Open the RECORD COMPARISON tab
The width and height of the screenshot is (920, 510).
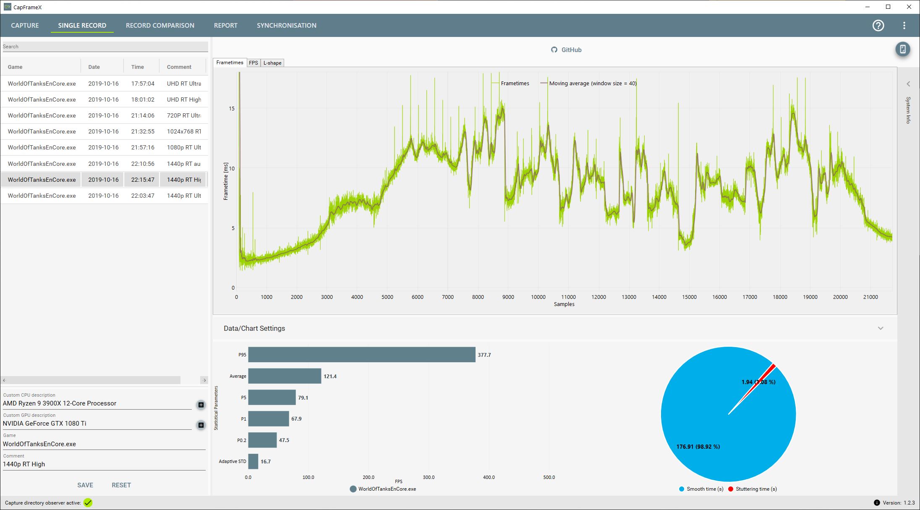click(160, 26)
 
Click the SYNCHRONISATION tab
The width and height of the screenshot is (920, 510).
click(286, 26)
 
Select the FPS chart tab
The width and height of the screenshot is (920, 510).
click(253, 63)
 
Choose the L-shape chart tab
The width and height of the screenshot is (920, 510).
click(272, 63)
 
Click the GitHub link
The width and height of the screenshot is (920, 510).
click(566, 50)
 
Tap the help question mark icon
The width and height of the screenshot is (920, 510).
click(878, 26)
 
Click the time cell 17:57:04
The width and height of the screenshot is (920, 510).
click(143, 84)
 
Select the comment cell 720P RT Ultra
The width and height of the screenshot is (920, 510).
click(183, 115)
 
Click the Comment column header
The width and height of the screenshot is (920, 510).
click(179, 67)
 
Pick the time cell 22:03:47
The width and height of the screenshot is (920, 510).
click(143, 196)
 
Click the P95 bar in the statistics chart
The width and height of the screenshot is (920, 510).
click(361, 355)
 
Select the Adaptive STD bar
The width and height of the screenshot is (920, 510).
click(253, 461)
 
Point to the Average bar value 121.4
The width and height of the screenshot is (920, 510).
click(330, 377)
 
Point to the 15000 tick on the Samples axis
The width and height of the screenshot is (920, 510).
click(689, 297)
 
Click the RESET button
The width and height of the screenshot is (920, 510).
click(121, 485)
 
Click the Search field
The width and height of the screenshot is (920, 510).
click(105, 47)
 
